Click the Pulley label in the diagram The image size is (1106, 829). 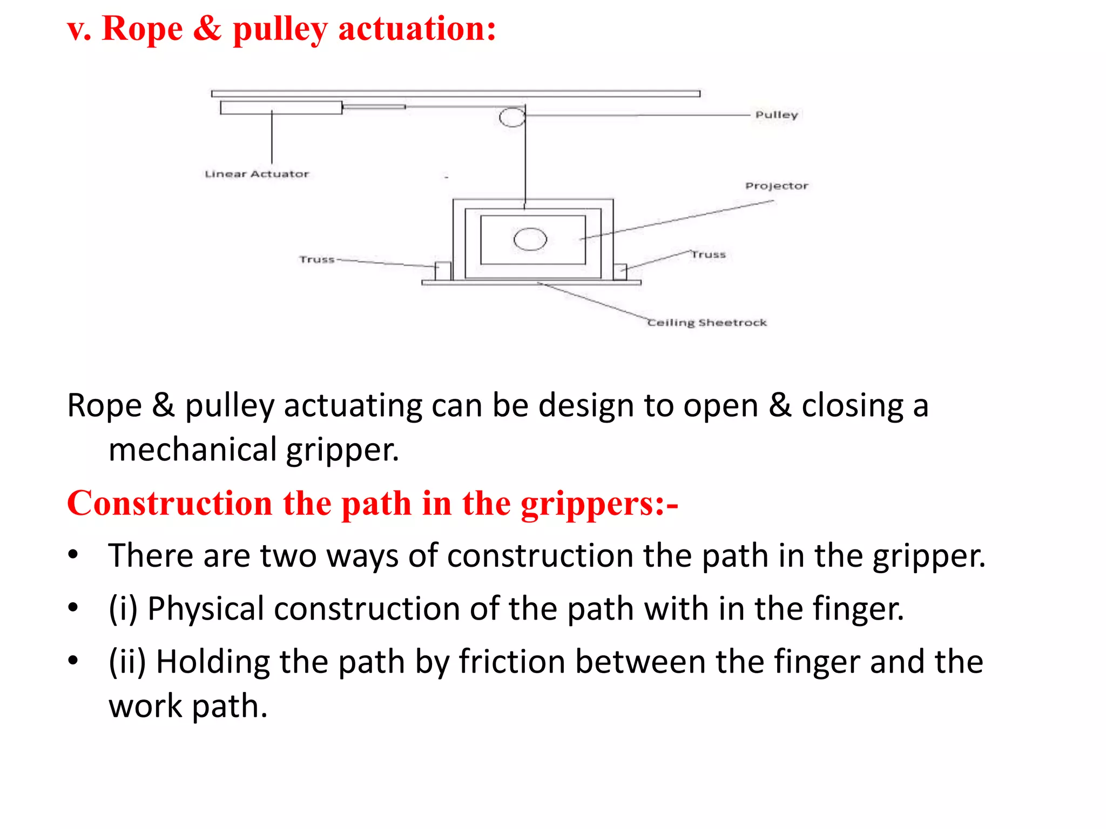point(776,115)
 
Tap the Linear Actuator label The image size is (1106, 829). point(257,174)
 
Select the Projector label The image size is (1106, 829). point(777,186)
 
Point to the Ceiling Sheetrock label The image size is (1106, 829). point(707,323)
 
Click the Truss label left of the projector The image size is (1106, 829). point(317,260)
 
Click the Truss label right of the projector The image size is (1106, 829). point(709,254)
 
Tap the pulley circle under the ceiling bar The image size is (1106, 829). point(512,117)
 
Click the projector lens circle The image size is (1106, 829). point(530,240)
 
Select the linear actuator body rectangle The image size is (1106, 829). point(281,108)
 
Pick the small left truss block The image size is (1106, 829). point(443,271)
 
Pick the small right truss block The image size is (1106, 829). point(621,271)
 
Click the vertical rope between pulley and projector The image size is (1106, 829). point(525,162)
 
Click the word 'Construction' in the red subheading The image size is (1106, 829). point(170,504)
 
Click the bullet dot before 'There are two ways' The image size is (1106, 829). point(73,555)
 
